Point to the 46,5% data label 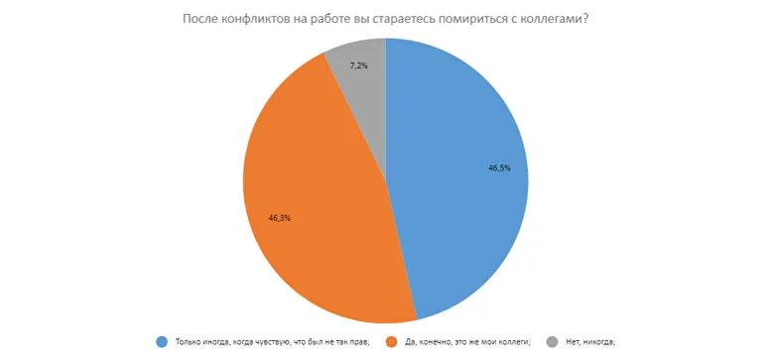[x=499, y=168]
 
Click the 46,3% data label [x=280, y=215]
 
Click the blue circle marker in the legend [x=162, y=342]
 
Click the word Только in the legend [x=188, y=342]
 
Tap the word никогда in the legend [x=597, y=342]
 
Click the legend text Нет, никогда [x=589, y=342]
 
